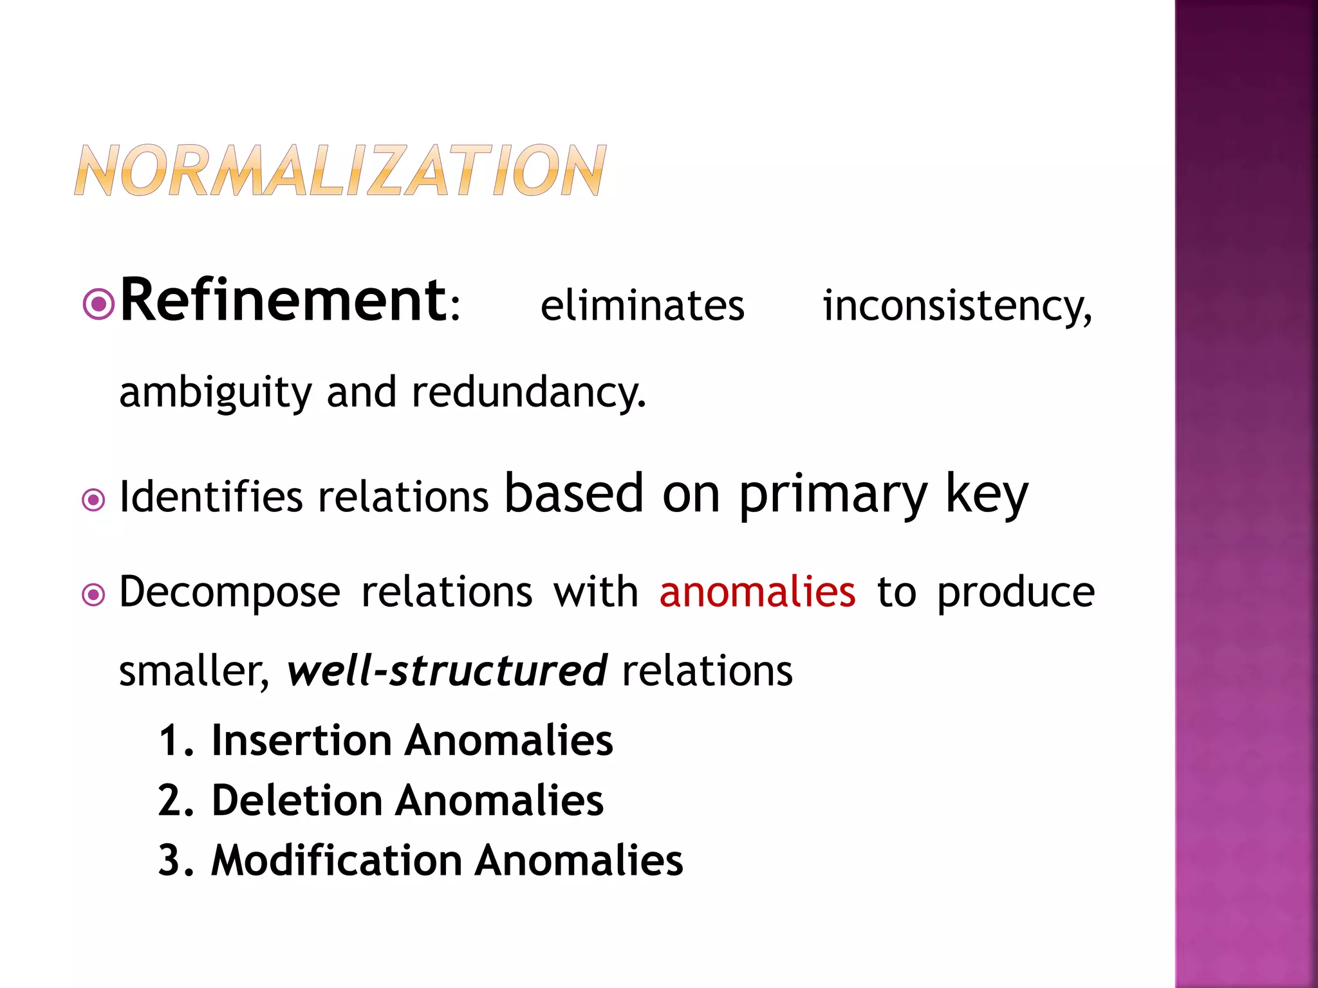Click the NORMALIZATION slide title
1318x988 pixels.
[x=340, y=170]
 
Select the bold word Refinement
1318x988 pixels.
[x=283, y=300]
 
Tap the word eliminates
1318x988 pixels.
[x=642, y=306]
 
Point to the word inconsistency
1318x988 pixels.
[x=956, y=306]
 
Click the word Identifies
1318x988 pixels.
[x=211, y=497]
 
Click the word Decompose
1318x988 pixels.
[x=230, y=592]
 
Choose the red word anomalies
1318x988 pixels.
[x=757, y=592]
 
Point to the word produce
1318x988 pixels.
[x=1016, y=593]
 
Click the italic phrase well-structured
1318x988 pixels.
[x=447, y=671]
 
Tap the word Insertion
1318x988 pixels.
[x=301, y=740]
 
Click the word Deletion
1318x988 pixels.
[x=297, y=801]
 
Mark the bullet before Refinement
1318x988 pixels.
[x=99, y=305]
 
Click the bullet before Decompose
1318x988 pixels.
[x=94, y=594]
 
